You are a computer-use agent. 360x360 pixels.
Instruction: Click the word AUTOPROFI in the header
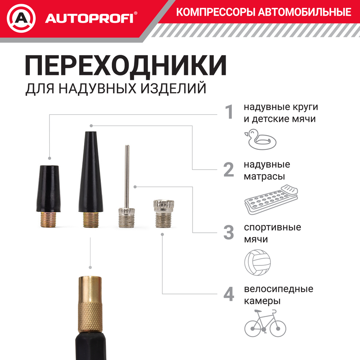[x=89, y=18]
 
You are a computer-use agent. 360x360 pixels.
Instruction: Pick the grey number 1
[x=229, y=112]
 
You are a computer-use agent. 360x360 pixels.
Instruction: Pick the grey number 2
[x=229, y=170]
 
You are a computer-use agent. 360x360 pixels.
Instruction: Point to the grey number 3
[x=229, y=233]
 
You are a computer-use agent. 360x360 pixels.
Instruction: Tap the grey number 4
[x=229, y=294]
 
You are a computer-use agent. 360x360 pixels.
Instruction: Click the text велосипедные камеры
[x=278, y=295]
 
